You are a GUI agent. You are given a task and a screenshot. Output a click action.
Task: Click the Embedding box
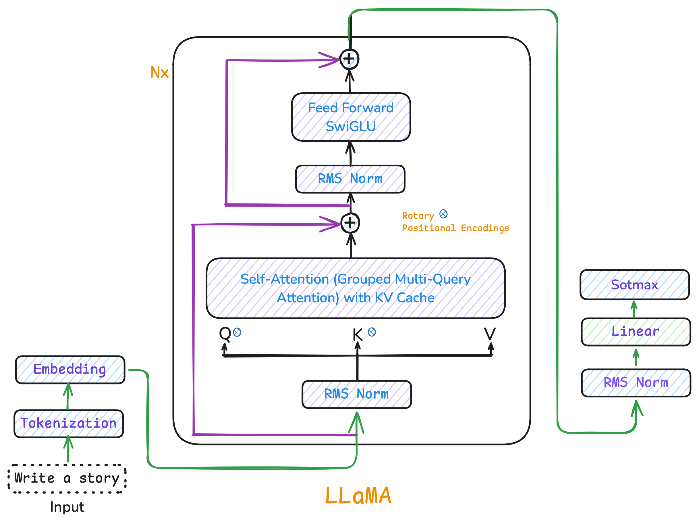point(70,370)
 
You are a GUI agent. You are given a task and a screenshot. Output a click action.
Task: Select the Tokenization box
point(69,424)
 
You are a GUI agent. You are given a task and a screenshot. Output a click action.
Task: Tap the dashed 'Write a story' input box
point(67,478)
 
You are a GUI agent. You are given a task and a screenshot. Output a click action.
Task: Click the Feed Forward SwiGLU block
point(351,117)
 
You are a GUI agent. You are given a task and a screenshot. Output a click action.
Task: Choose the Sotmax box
point(635,285)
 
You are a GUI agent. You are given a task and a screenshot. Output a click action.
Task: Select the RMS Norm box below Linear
point(636,383)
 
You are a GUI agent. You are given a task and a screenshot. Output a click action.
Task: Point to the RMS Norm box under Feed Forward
point(350,179)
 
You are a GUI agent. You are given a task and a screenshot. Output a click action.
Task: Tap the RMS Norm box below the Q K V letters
point(357,394)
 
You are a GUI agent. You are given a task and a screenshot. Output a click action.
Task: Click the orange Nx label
point(160,72)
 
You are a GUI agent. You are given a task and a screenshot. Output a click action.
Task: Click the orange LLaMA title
point(358,496)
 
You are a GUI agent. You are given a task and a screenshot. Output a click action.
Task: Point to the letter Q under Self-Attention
point(225,334)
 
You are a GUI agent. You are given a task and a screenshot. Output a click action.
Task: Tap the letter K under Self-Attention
point(358,334)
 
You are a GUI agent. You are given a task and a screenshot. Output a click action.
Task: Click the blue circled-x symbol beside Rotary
point(443,214)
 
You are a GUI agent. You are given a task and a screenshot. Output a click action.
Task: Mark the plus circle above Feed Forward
point(349,59)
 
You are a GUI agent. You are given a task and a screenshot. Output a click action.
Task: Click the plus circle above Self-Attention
point(350,223)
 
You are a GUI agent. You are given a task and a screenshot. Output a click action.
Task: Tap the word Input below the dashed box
point(67,507)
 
